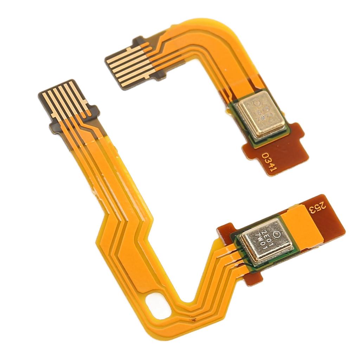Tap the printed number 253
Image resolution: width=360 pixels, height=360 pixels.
(317, 208)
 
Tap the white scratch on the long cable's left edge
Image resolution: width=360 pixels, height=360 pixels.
(94, 192)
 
